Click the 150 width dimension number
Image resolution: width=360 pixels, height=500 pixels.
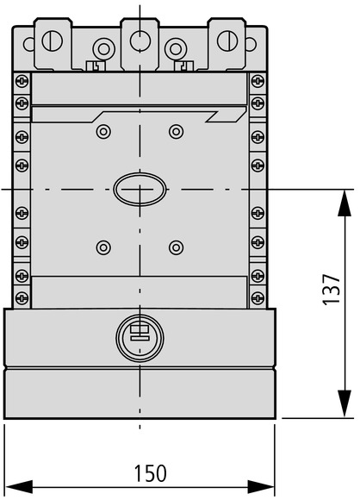pyautogui.click(x=150, y=473)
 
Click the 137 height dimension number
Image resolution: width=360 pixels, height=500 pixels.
pyautogui.click(x=332, y=289)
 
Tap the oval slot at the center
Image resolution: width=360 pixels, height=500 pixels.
pyautogui.click(x=140, y=190)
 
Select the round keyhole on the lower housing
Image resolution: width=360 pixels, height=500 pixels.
pyautogui.click(x=140, y=338)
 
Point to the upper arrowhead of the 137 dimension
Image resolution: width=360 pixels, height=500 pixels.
pyautogui.click(x=344, y=203)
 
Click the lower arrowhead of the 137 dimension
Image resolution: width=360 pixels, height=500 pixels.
pyautogui.click(x=344, y=403)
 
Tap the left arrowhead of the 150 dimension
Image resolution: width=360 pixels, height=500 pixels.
pyautogui.click(x=19, y=487)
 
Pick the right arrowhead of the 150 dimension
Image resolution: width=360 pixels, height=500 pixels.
pyautogui.click(x=261, y=487)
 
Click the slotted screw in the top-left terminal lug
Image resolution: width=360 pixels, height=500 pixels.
pyautogui.click(x=53, y=41)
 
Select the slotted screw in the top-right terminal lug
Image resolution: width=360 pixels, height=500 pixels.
pyautogui.click(x=227, y=41)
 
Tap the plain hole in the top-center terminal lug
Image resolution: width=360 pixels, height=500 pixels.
pyautogui.click(x=140, y=41)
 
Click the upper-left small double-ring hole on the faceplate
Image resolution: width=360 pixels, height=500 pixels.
pyautogui.click(x=103, y=131)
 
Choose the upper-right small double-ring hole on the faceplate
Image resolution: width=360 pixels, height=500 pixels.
pyautogui.click(x=177, y=131)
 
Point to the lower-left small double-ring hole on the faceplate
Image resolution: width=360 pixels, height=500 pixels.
pyautogui.click(x=103, y=247)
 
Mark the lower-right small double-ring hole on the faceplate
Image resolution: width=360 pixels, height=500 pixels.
pyautogui.click(x=177, y=247)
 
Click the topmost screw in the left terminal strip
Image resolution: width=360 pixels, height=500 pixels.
pyautogui.click(x=22, y=81)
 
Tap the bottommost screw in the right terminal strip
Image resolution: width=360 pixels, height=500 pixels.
pyautogui.click(x=258, y=297)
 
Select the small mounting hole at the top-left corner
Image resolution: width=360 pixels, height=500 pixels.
pyautogui.click(x=29, y=44)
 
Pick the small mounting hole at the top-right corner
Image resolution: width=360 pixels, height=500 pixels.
pyautogui.click(x=251, y=44)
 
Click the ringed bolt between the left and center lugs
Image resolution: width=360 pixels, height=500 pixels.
pyautogui.click(x=103, y=49)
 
